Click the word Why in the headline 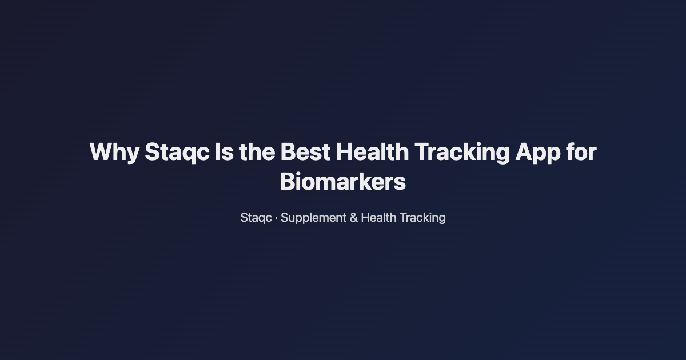click(x=113, y=153)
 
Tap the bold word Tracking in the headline click(x=462, y=153)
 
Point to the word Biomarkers click(x=343, y=182)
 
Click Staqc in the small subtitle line click(x=256, y=218)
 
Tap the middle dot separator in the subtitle click(x=276, y=218)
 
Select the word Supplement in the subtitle click(x=313, y=218)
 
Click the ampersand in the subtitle click(x=353, y=218)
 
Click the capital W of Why click(x=101, y=153)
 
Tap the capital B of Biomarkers click(x=287, y=182)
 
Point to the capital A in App click(x=524, y=153)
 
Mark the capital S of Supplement click(x=284, y=218)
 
